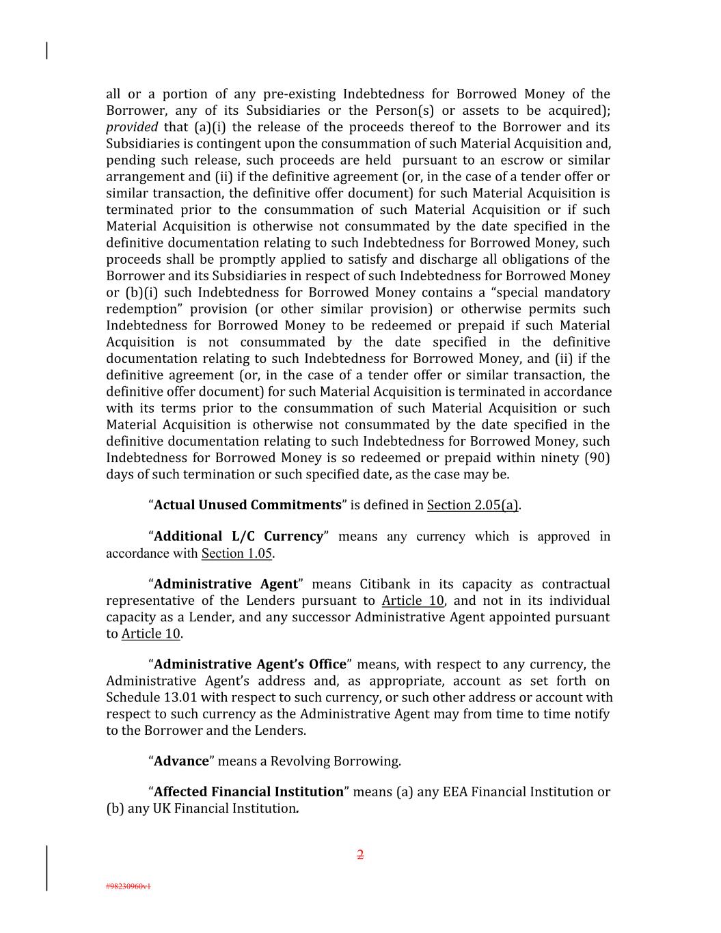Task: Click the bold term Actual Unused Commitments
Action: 247,505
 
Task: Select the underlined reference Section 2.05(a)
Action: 473,505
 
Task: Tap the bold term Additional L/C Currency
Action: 239,537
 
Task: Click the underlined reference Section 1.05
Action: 236,554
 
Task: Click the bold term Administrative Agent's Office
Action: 250,664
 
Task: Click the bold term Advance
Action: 181,761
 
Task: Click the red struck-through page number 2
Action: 360,854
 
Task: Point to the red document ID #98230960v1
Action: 128,887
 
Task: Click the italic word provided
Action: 132,127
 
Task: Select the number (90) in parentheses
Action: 597,458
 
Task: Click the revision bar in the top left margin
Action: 46,51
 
